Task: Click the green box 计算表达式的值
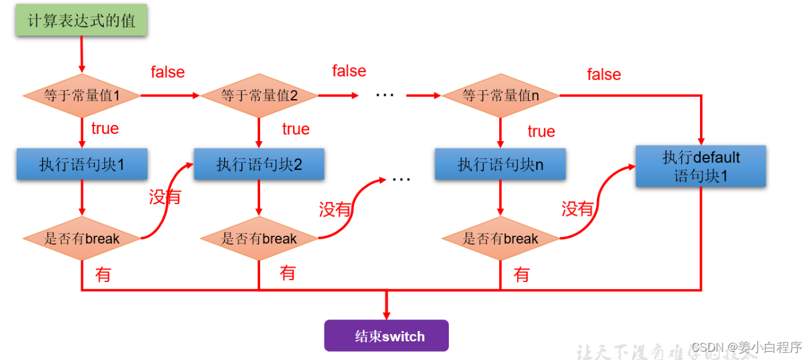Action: (82, 21)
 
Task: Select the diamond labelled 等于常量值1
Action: (82, 96)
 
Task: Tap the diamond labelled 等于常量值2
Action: (259, 96)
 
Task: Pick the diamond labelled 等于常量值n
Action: (500, 96)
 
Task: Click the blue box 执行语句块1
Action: (82, 164)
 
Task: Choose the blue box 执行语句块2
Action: (259, 164)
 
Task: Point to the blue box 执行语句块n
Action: (500, 164)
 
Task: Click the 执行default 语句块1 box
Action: (701, 166)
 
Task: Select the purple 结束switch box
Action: (386, 336)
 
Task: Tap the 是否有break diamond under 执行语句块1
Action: (82, 239)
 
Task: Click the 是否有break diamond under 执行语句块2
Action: (259, 239)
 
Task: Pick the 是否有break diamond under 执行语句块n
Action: (500, 239)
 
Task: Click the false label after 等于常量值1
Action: (167, 72)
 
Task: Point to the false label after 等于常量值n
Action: (603, 75)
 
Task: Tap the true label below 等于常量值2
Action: (296, 129)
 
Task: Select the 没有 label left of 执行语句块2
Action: (165, 197)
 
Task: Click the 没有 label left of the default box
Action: (578, 209)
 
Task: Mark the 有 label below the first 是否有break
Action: (103, 275)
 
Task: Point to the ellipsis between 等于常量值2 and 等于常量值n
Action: (384, 95)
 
